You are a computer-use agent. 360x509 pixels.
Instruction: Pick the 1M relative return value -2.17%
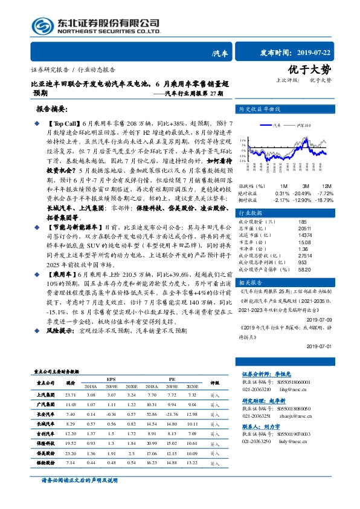click(x=281, y=199)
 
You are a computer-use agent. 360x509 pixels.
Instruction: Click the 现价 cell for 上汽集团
click(x=71, y=394)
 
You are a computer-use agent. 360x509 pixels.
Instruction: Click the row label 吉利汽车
click(x=46, y=433)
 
